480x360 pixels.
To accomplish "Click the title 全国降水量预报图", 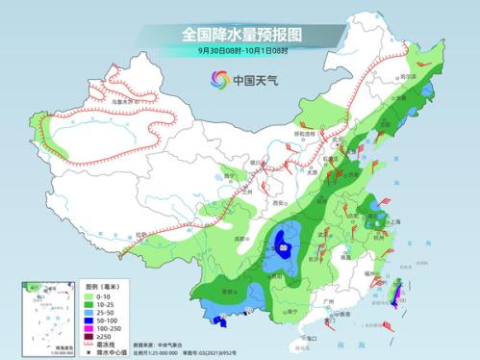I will click(x=240, y=34).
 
